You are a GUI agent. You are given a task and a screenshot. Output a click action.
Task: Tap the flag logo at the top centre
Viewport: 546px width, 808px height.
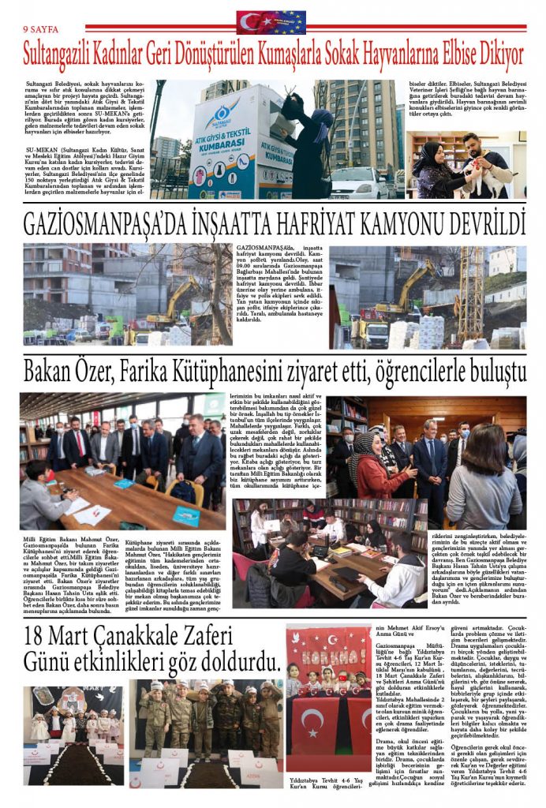click(x=271, y=22)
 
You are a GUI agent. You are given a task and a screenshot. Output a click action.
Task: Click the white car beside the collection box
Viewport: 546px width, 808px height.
click(x=358, y=183)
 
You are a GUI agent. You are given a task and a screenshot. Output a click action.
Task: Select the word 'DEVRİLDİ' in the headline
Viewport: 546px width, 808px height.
click(x=481, y=223)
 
